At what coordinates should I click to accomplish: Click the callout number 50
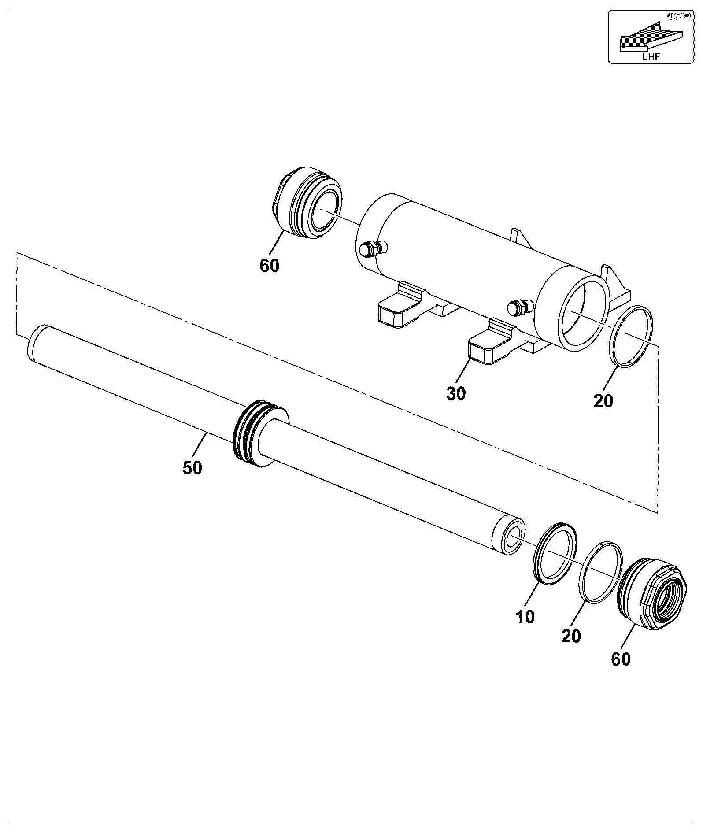point(192,468)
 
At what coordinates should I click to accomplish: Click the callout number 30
point(456,394)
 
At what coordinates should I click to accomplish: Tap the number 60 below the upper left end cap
point(269,266)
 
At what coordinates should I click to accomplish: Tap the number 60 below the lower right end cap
point(621,659)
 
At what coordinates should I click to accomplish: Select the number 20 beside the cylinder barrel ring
point(603,401)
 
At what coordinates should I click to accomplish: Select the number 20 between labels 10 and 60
point(571,636)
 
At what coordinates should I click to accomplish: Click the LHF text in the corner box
point(651,56)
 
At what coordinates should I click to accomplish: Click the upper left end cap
point(307,203)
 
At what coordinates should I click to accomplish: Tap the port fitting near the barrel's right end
point(520,307)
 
